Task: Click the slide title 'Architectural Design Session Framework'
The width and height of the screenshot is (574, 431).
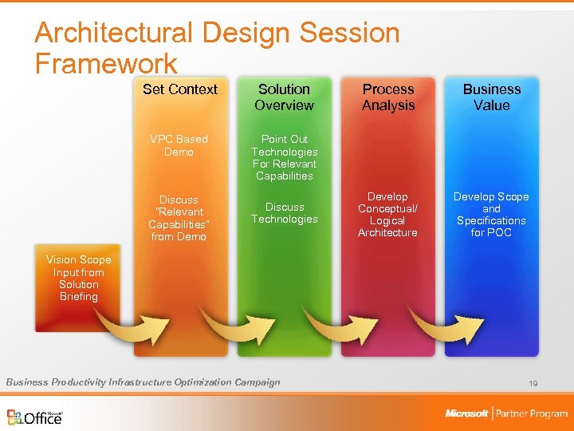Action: coord(217,47)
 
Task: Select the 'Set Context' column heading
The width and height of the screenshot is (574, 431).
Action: coord(179,89)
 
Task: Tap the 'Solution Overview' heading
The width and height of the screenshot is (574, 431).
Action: coord(284,97)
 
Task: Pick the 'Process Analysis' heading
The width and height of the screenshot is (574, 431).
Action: coord(388,97)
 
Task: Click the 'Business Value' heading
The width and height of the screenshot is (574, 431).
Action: coord(492,97)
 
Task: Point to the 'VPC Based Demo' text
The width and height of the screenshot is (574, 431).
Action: coord(179,145)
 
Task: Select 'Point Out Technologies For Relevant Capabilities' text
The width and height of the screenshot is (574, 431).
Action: coord(284,157)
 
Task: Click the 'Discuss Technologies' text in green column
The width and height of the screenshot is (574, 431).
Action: coord(284,213)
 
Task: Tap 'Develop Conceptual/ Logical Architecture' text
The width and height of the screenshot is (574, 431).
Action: coord(388,215)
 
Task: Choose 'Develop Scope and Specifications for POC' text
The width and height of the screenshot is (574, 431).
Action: coord(492,215)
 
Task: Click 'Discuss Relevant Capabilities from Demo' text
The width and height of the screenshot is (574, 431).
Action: coord(179,218)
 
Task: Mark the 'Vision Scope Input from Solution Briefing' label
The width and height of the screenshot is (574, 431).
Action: coord(78,279)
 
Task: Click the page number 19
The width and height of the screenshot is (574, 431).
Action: coord(533,384)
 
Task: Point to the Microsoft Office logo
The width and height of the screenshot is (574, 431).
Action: coord(35,417)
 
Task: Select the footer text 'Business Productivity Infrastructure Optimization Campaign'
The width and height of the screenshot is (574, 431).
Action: coord(143,382)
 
